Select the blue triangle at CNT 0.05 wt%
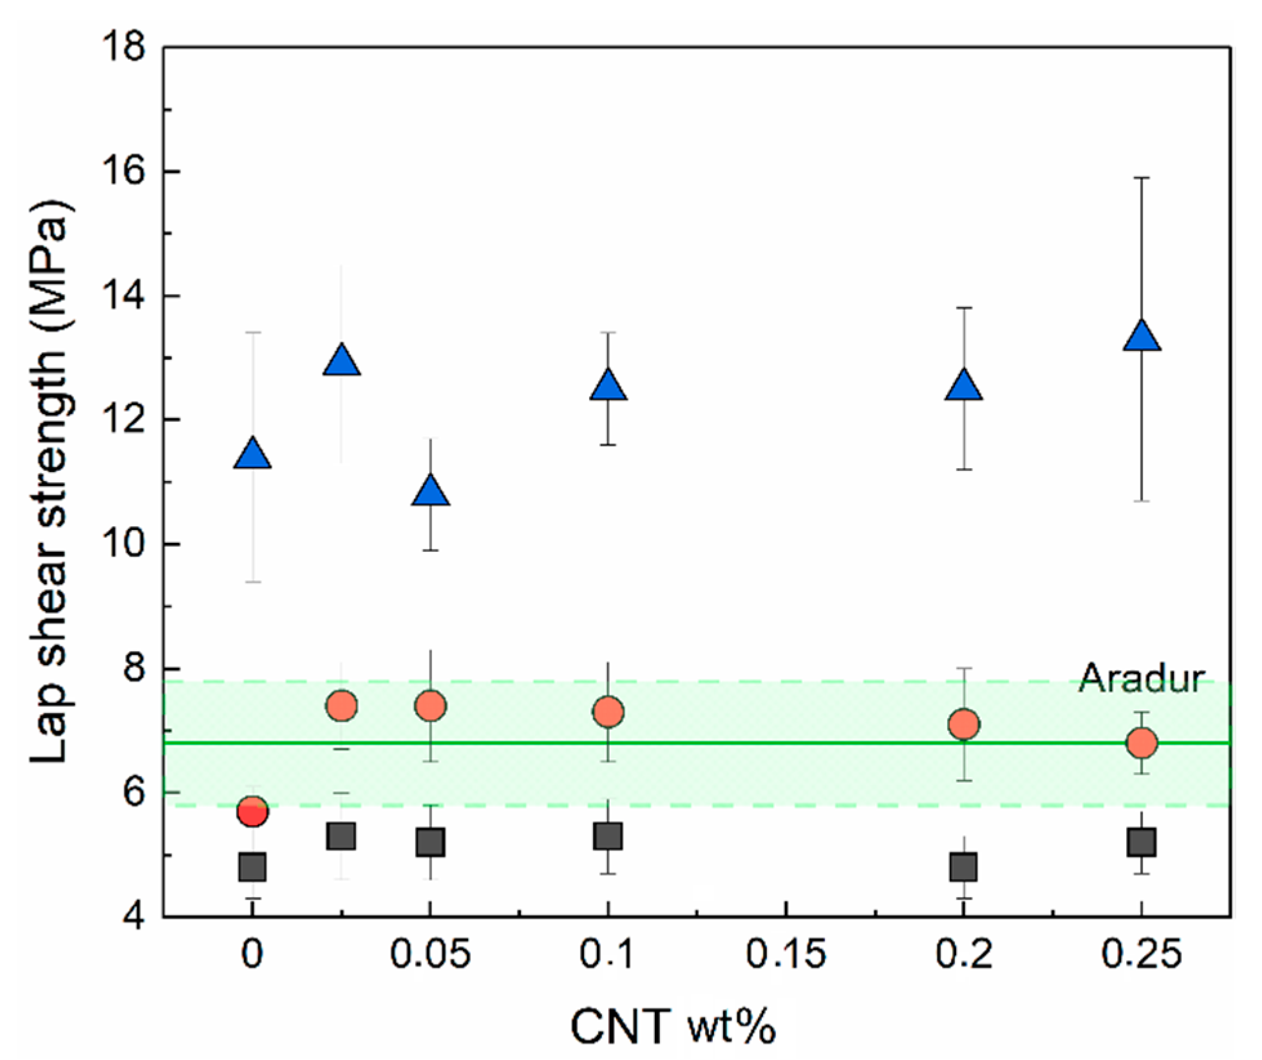[x=430, y=493]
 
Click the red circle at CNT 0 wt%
[x=252, y=811]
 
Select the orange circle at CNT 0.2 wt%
[x=964, y=724]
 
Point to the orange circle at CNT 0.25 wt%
[x=1142, y=743]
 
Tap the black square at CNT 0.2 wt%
[x=964, y=867]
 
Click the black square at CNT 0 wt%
[x=252, y=867]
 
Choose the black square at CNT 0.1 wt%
[x=608, y=837]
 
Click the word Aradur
[x=1141, y=679]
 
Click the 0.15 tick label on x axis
[x=786, y=954]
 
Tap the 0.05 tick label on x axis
[x=430, y=954]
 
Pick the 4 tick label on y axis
[x=134, y=916]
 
